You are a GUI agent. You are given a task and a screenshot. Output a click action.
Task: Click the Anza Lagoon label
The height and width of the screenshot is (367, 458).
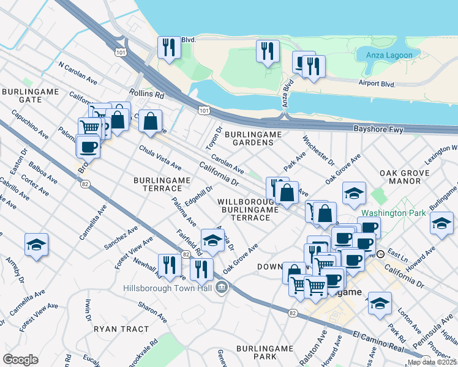tap(389, 55)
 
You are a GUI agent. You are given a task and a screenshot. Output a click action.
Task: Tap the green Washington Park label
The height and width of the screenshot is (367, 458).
tap(388, 214)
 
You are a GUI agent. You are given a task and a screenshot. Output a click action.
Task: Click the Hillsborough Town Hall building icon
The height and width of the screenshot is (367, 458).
tap(222, 286)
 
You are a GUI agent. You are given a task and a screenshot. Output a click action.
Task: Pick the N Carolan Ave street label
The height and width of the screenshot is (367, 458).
tap(78, 72)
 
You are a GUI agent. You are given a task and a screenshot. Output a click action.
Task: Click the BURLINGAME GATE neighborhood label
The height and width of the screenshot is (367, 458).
tap(30, 95)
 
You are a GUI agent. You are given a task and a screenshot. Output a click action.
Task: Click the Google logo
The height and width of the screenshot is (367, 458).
tap(20, 360)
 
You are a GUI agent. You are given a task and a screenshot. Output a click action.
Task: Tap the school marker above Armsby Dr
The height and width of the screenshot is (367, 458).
tap(36, 245)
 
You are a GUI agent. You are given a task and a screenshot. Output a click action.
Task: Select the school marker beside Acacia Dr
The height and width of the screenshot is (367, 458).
tap(212, 239)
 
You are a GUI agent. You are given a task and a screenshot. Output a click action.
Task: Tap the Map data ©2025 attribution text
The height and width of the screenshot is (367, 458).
tap(432, 362)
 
